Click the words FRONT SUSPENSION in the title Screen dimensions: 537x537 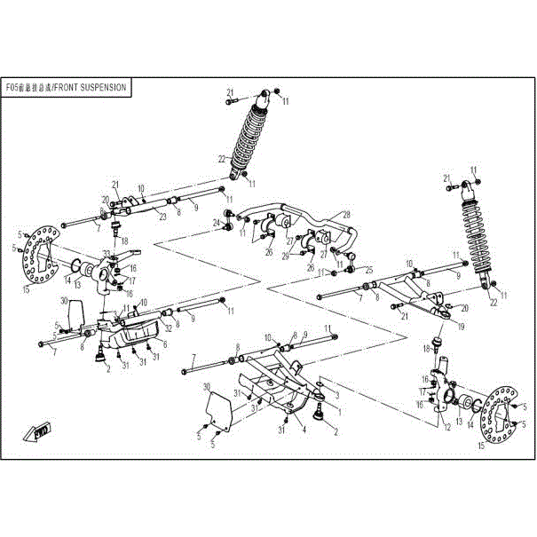pyautogui.click(x=93, y=88)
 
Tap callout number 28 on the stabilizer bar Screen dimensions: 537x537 pyautogui.click(x=347, y=215)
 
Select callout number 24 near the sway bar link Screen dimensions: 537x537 pyautogui.click(x=217, y=223)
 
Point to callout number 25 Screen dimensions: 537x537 pyautogui.click(x=369, y=270)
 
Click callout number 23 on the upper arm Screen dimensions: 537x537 pyautogui.click(x=163, y=216)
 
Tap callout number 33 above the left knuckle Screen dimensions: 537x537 pyautogui.click(x=107, y=255)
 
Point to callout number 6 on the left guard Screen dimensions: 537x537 pyautogui.click(x=163, y=343)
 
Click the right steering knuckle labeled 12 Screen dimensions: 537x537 pyautogui.click(x=440, y=396)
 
